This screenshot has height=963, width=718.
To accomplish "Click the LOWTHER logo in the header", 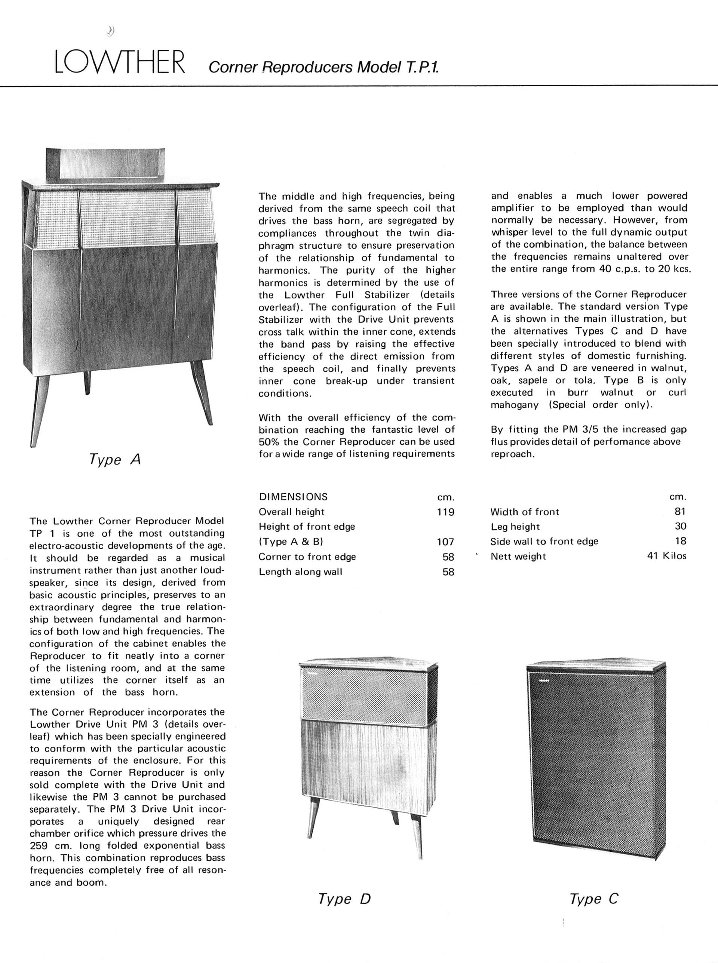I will [120, 62].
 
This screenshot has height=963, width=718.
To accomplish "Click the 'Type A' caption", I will [115, 459].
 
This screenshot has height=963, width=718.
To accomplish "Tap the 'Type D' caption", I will [344, 899].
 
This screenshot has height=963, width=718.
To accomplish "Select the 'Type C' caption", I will [594, 899].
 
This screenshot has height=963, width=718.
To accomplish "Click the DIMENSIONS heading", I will [294, 497].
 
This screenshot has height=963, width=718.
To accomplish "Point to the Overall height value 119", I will [445, 512].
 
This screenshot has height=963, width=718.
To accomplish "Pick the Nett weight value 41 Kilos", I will [667, 556].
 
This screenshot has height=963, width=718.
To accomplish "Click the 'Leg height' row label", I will [515, 527].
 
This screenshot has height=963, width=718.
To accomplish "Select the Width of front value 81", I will [680, 512].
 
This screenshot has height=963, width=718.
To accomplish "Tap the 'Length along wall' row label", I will [300, 572].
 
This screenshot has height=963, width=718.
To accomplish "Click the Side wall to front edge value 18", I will [680, 541].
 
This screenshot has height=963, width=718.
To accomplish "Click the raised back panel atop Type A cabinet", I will [105, 164].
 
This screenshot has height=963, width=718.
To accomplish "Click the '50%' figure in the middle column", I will [269, 442].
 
